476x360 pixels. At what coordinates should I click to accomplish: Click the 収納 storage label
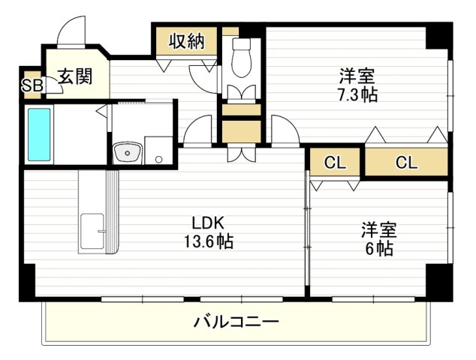click(x=186, y=41)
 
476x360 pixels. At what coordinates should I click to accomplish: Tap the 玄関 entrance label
click(x=75, y=76)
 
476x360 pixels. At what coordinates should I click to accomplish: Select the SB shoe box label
click(x=32, y=85)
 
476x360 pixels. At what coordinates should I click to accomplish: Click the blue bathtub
click(x=39, y=134)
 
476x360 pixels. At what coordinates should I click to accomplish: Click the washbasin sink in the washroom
click(x=127, y=154)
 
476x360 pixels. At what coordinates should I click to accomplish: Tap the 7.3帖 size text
click(x=357, y=94)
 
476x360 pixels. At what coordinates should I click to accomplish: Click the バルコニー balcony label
click(x=236, y=323)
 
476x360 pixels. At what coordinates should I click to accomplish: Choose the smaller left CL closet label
click(x=334, y=162)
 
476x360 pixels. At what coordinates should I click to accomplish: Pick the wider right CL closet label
click(x=405, y=162)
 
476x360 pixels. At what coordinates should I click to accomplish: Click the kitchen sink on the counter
click(x=93, y=229)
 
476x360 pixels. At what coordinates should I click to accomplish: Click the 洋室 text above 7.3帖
click(x=357, y=76)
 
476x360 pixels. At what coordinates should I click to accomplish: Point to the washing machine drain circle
click(x=158, y=158)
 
